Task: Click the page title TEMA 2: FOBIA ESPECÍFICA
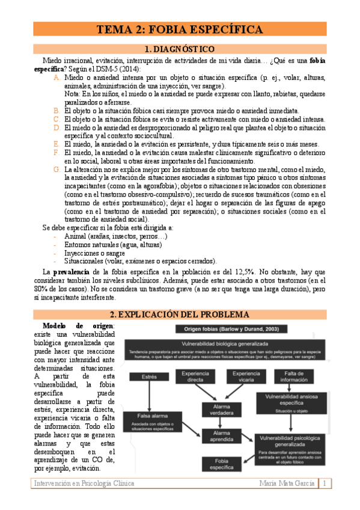(180, 29)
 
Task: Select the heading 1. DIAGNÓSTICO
(180, 49)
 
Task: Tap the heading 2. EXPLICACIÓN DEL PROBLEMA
(180, 315)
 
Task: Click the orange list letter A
(56, 78)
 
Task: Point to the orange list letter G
(56, 171)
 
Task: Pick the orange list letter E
(56, 144)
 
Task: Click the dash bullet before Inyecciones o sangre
(55, 253)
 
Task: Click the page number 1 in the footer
(325, 484)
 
